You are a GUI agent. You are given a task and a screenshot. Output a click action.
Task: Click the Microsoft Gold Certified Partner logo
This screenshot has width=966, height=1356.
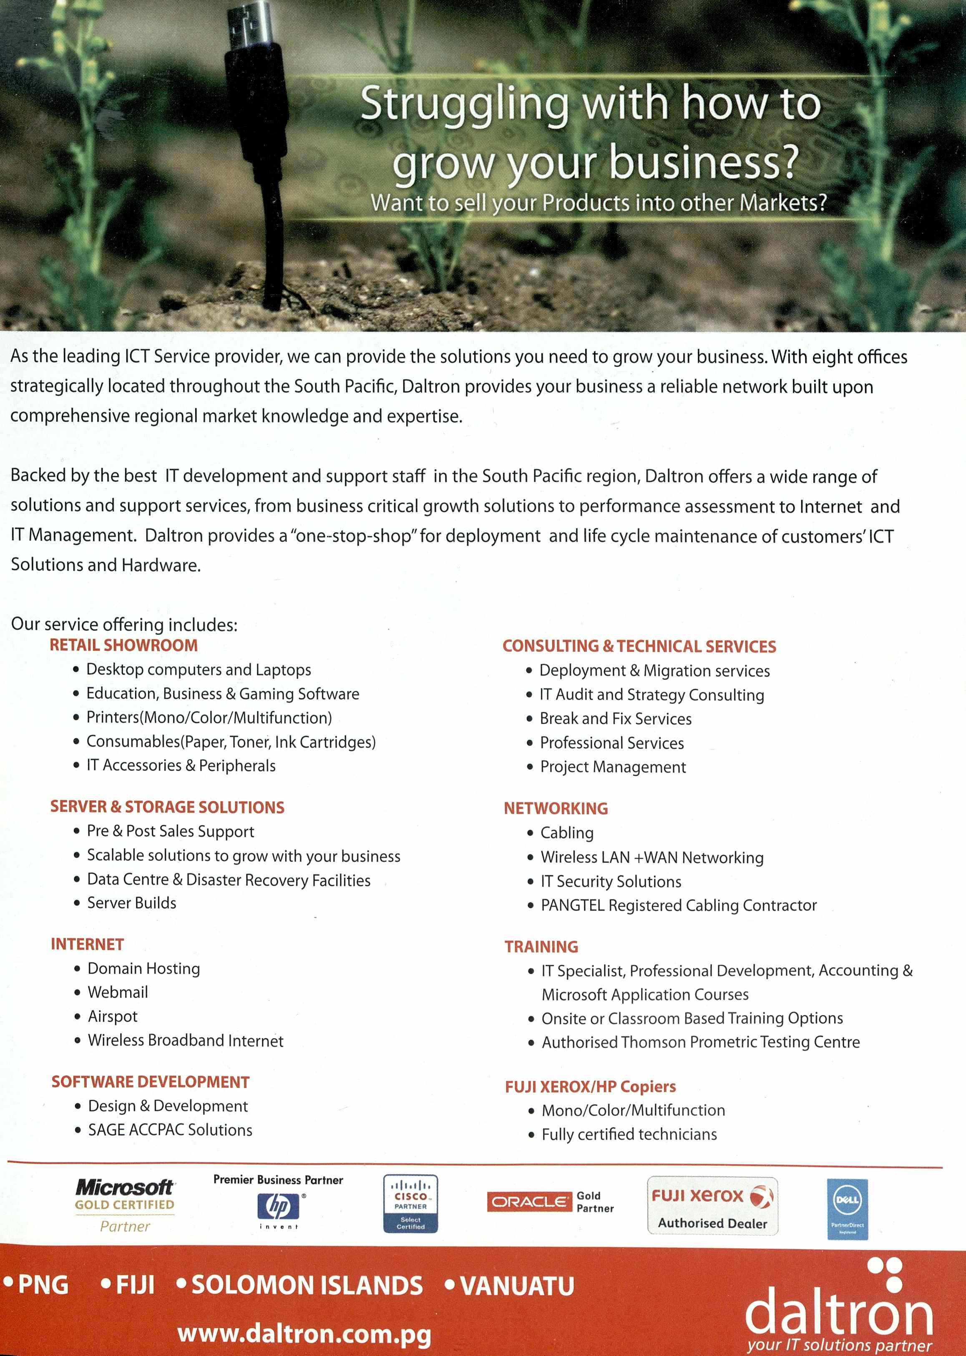click(125, 1205)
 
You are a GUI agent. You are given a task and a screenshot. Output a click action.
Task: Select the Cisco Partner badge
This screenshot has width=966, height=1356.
click(410, 1203)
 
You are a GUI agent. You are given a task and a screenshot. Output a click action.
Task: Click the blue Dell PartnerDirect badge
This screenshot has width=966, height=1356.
click(847, 1209)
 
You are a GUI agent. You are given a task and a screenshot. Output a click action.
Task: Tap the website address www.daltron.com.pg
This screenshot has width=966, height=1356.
click(304, 1333)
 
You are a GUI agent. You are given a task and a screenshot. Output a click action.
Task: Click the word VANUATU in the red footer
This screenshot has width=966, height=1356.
click(516, 1285)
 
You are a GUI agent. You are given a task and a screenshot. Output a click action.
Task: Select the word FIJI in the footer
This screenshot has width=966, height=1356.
click(134, 1285)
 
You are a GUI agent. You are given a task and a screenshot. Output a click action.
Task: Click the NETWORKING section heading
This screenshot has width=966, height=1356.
click(556, 809)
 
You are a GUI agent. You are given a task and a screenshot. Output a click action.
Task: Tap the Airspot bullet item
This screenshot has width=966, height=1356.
click(113, 1016)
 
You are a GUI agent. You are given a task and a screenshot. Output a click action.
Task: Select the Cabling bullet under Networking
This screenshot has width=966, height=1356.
click(566, 833)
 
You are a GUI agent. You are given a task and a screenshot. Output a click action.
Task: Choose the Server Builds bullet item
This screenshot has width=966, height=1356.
click(131, 903)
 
